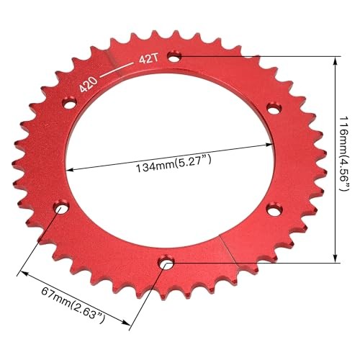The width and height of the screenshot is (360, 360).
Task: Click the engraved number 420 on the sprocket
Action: tap(89, 85)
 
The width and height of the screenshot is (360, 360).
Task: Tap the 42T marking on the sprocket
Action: tap(149, 60)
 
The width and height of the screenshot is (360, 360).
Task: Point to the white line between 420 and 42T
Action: tap(116, 70)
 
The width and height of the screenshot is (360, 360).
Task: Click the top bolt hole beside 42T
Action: tap(175, 57)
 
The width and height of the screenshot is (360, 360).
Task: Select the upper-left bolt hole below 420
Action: tap(69, 104)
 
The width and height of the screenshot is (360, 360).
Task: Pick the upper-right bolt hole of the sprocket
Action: tap(274, 109)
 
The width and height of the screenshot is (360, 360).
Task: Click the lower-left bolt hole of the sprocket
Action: tap(61, 208)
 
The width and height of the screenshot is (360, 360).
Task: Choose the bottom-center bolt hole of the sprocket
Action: tap(166, 263)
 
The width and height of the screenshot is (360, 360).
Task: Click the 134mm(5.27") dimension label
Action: tap(174, 163)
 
